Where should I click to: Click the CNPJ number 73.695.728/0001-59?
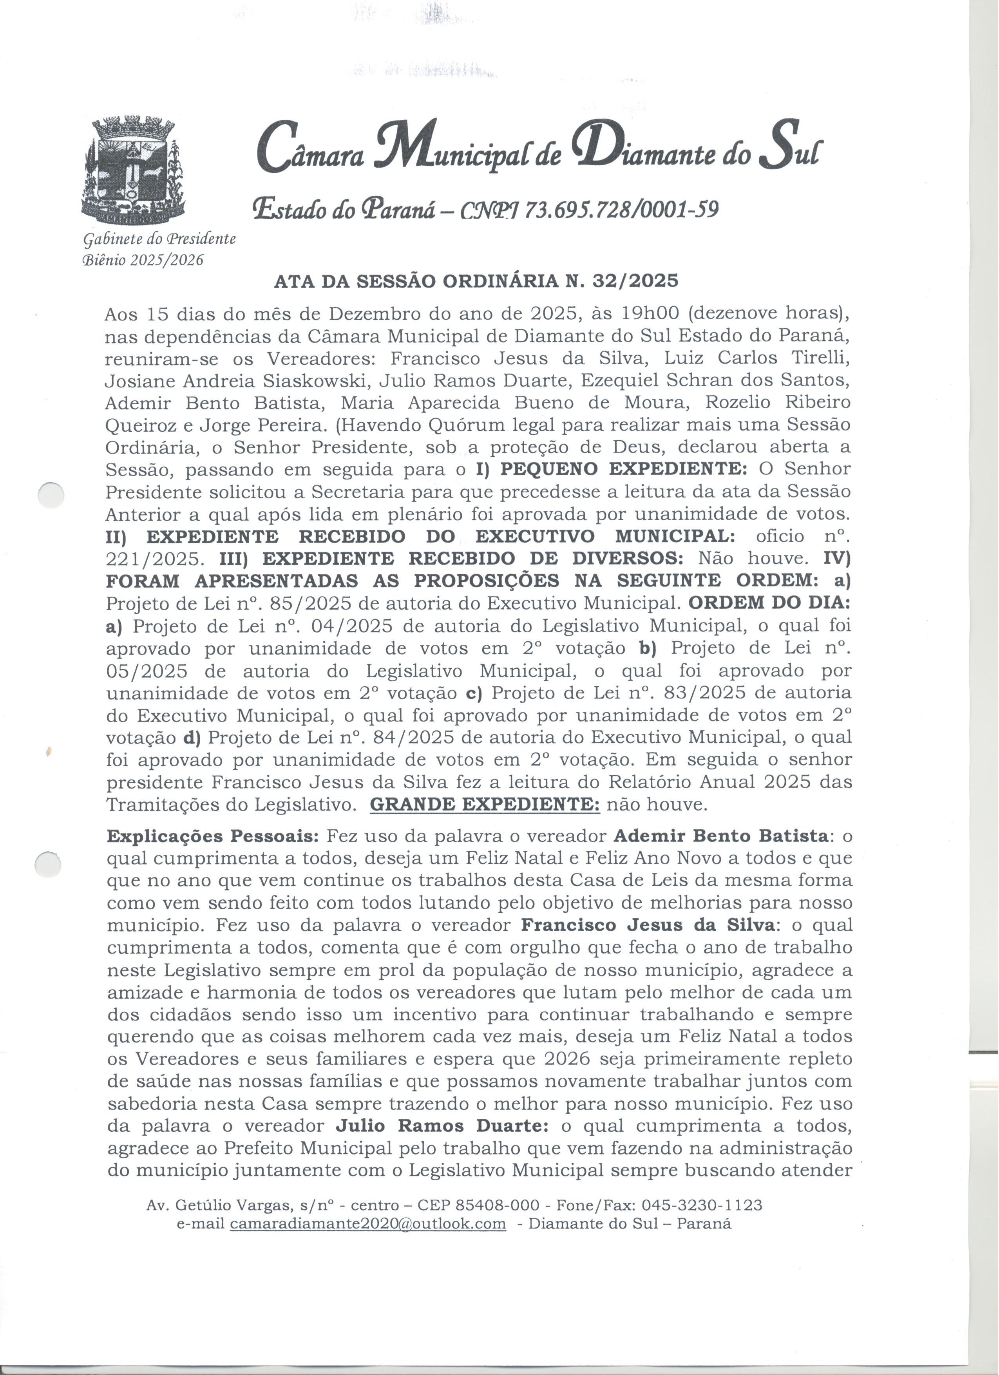[x=621, y=209]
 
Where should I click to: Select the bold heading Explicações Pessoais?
[x=213, y=836]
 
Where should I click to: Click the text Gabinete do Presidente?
[x=159, y=239]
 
